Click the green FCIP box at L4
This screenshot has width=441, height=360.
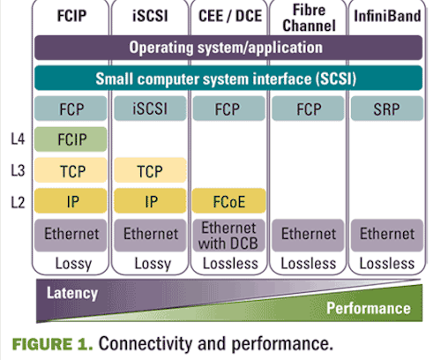pos(71,139)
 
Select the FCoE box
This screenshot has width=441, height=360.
pos(229,201)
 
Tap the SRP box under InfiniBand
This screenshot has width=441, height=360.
pos(387,109)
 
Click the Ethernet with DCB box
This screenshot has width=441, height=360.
pos(229,236)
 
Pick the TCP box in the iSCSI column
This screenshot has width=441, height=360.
pos(150,170)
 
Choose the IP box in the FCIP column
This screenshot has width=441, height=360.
pos(71,201)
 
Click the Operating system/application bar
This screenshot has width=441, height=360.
pos(228,48)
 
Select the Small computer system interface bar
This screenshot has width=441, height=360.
pos(228,79)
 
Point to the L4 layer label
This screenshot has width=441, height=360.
pos(18,139)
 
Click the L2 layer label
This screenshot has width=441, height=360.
pos(18,202)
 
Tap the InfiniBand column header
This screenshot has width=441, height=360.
pos(387,16)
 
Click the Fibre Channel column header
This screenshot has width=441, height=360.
pos(309,19)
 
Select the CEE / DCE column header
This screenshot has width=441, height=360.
pos(230,16)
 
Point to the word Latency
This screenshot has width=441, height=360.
pos(72,293)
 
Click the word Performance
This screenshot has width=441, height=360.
pos(369,308)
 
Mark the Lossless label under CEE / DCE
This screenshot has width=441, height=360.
pos(230,264)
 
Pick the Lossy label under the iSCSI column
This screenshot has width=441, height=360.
pos(153,264)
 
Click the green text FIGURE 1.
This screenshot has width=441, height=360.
pos(52,344)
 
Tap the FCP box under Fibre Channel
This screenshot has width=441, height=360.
pos(308,109)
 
